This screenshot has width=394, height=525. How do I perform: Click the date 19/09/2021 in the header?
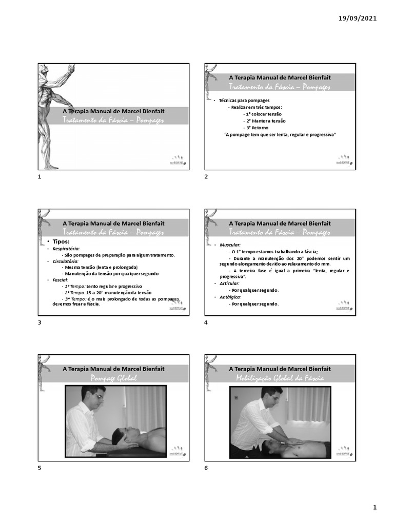click(358, 18)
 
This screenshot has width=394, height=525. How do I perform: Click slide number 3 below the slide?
click(40, 322)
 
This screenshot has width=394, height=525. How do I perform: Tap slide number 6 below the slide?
click(206, 468)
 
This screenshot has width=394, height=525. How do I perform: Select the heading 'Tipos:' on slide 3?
click(57, 241)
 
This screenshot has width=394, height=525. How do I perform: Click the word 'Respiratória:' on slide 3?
click(66, 249)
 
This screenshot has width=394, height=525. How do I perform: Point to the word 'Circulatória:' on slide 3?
click(66, 261)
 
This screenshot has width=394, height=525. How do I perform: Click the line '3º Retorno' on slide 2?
click(255, 127)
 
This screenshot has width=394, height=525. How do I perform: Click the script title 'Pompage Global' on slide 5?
click(114, 378)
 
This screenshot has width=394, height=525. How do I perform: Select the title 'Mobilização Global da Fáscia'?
click(280, 378)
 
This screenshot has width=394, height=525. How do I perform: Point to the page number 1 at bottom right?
click(375, 508)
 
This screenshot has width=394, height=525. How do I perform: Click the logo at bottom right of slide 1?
click(177, 159)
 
